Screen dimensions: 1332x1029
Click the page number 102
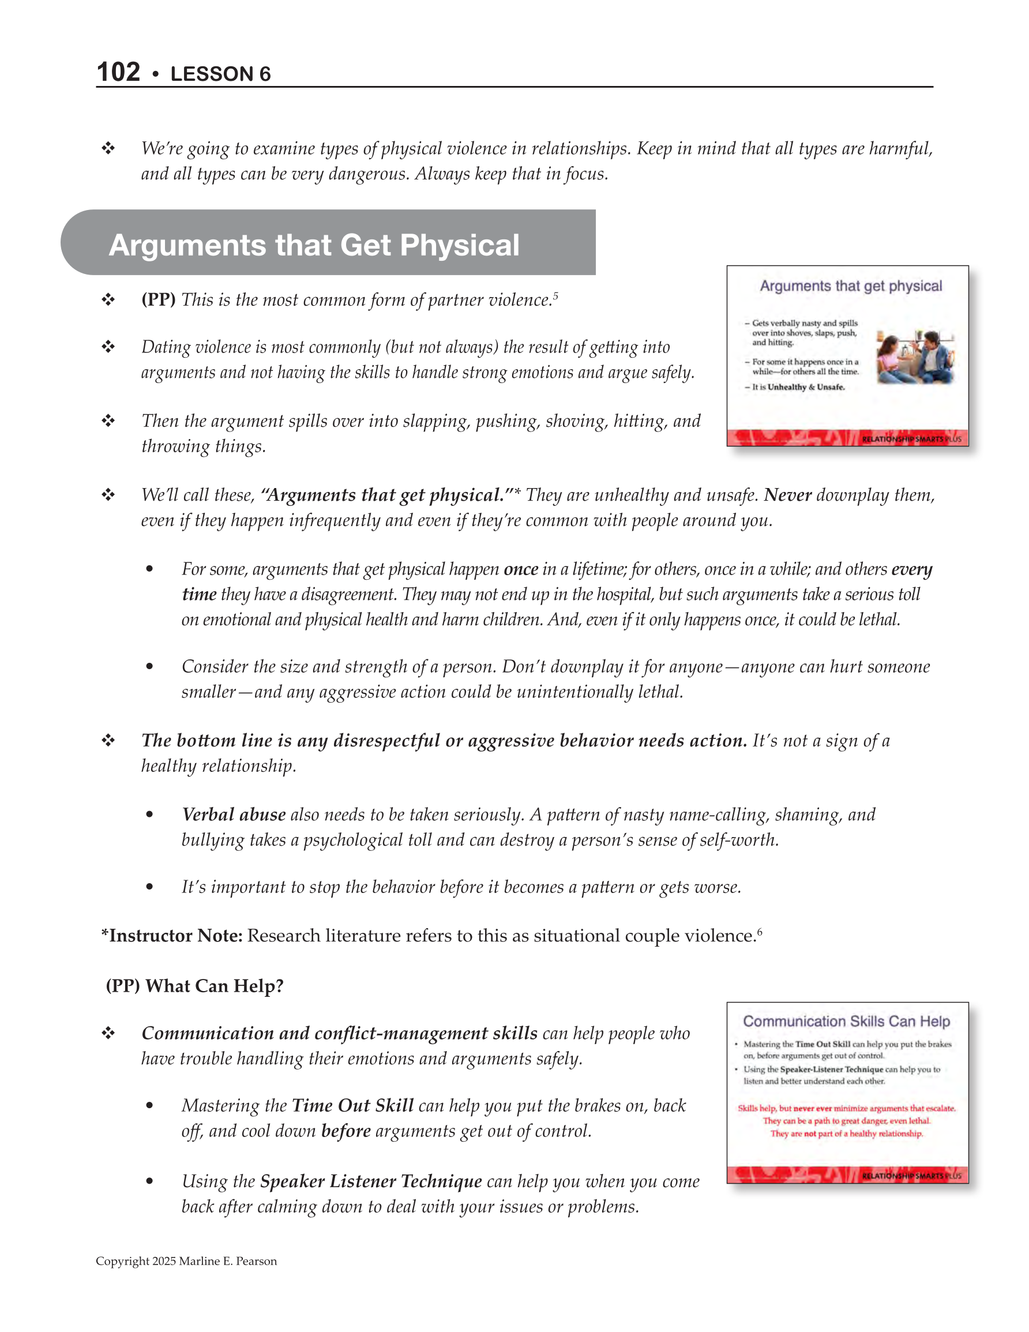click(118, 72)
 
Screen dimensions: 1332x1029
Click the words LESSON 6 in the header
click(220, 74)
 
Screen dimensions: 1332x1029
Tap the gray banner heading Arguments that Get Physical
click(314, 245)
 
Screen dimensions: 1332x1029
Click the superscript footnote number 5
click(555, 295)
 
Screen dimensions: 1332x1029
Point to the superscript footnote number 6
click(760, 930)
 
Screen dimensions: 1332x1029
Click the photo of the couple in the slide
click(914, 357)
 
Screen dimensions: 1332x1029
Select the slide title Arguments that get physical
click(850, 286)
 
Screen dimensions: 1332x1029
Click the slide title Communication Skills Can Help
click(846, 1022)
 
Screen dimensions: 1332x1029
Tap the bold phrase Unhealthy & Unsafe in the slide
click(806, 387)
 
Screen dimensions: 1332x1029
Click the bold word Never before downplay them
click(787, 494)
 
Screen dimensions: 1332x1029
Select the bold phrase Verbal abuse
click(234, 815)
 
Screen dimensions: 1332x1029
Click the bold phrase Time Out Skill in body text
click(352, 1106)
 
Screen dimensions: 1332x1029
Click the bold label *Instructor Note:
click(172, 936)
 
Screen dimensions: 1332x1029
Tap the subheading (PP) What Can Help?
click(194, 986)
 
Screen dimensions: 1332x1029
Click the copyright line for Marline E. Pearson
click(186, 1261)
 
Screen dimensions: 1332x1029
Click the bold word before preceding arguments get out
click(346, 1131)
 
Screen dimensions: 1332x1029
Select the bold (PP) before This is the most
click(159, 300)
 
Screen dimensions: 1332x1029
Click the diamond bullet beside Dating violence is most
click(108, 347)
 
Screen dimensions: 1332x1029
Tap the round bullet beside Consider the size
click(149, 667)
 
